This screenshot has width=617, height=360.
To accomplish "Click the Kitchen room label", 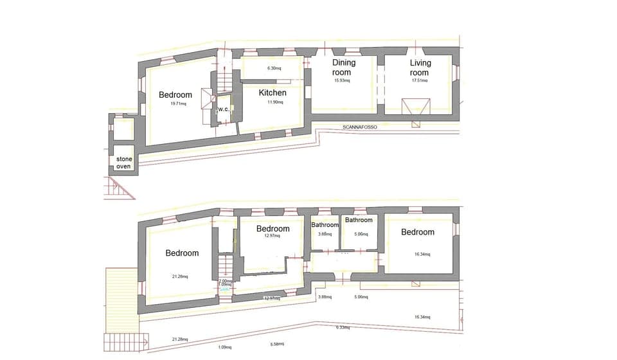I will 273,93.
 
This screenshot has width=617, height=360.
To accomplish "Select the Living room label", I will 420,67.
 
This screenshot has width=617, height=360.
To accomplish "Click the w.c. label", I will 223,109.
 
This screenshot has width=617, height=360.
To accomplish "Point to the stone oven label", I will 123,162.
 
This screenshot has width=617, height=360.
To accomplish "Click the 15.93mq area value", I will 342,80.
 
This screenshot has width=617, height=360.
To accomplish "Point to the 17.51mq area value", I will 420,80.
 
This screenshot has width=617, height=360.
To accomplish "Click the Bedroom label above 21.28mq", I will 182,253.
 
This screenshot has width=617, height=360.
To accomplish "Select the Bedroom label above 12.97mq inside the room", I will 273,229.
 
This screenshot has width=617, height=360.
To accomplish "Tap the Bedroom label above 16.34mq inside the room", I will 418,232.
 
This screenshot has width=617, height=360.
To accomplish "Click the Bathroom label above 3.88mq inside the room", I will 325,225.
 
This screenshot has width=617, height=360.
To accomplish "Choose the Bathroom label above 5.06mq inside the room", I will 359,221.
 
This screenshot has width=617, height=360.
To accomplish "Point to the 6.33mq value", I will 343,328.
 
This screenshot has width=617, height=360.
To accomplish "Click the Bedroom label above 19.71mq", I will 175,95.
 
